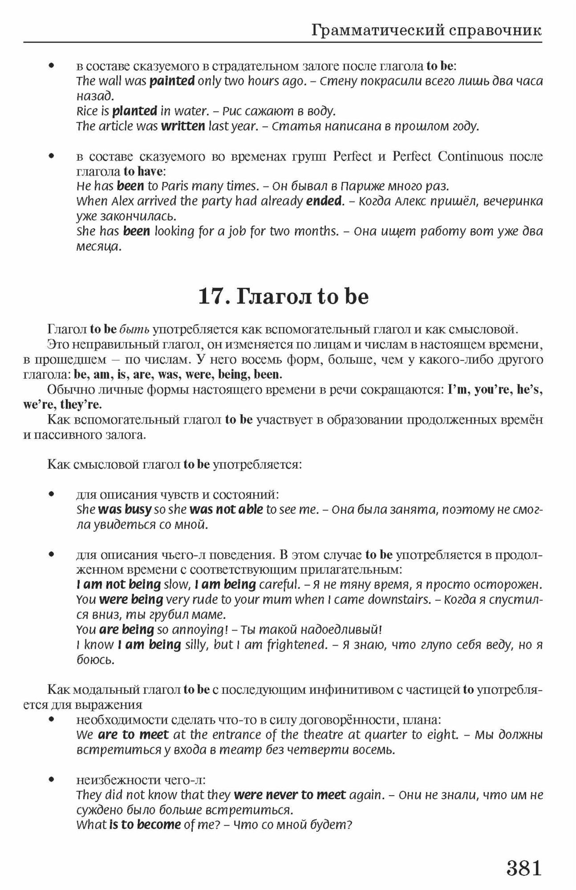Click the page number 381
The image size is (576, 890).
coord(523,868)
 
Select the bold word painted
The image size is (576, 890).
coord(172,81)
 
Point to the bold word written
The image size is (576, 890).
coord(183,126)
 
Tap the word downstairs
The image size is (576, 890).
coord(402,599)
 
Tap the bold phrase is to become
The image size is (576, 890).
coord(145,825)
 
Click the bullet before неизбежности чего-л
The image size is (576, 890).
coord(52,780)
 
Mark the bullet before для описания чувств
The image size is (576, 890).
coord(52,494)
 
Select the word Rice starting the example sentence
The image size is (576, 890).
coord(86,111)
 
